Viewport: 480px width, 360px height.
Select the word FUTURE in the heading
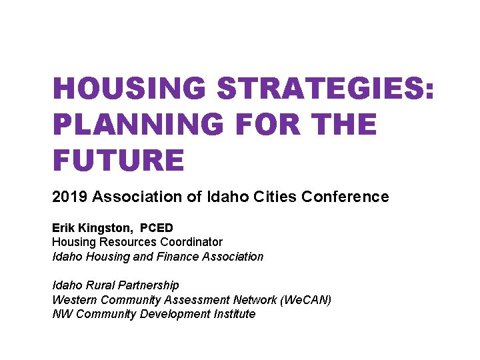click(x=118, y=161)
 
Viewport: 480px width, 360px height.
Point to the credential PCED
click(x=156, y=228)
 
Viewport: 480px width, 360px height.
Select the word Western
click(x=73, y=300)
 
